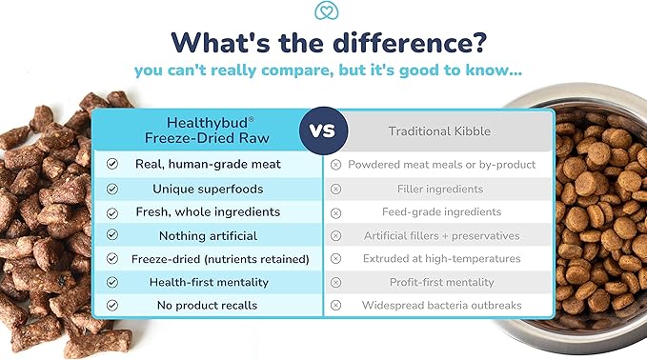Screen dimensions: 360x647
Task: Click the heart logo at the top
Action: click(324, 11)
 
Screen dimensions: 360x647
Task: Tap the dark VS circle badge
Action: click(322, 130)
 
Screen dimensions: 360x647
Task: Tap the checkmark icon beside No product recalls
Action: click(112, 306)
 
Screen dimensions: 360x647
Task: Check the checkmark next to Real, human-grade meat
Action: click(112, 164)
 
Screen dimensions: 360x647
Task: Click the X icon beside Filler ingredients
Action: click(335, 189)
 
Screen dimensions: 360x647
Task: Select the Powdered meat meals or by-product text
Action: click(441, 165)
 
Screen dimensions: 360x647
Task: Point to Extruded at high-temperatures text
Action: click(441, 258)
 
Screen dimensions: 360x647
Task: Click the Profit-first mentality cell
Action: click(441, 282)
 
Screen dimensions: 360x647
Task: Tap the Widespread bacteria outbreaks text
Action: click(441, 306)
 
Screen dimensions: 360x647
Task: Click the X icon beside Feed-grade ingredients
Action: click(335, 211)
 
